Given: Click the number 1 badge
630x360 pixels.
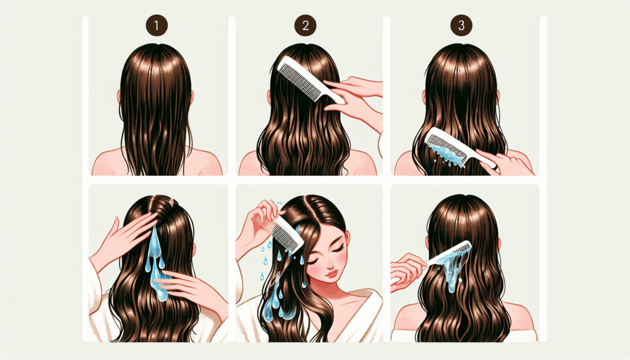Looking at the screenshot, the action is pyautogui.click(x=157, y=25).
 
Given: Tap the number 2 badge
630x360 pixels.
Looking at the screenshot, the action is pyautogui.click(x=305, y=25).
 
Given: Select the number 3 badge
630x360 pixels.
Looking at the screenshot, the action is pyautogui.click(x=461, y=25).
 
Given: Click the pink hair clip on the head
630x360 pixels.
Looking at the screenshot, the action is pyautogui.click(x=172, y=201).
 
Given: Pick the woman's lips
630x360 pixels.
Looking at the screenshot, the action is pyautogui.click(x=332, y=275).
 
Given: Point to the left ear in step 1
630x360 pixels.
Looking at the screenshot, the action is pyautogui.click(x=119, y=97).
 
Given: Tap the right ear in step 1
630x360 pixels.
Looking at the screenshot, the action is pyautogui.click(x=192, y=97).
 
